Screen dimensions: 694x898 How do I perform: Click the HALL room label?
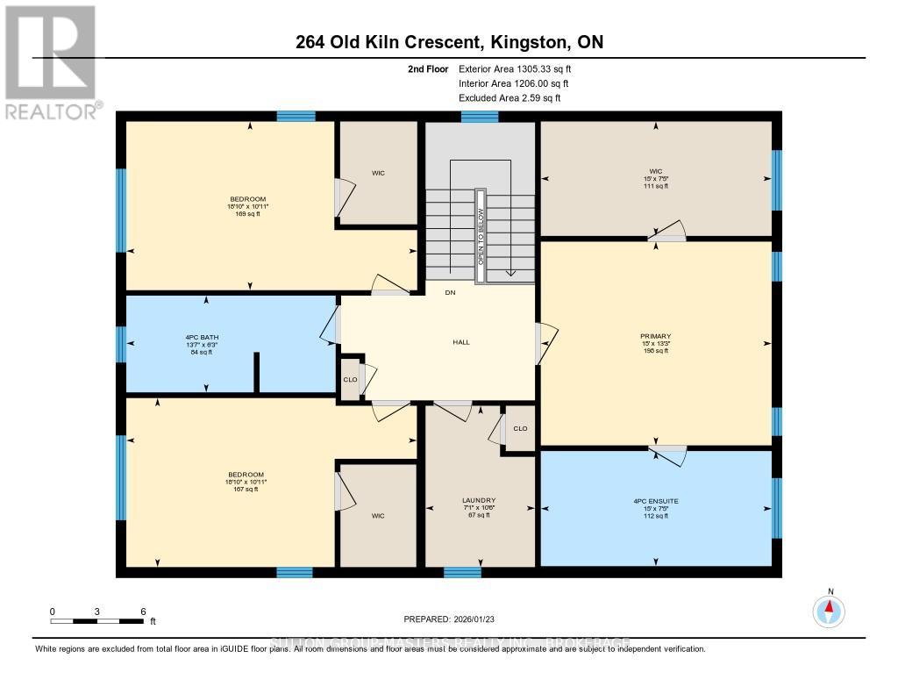tap(461, 342)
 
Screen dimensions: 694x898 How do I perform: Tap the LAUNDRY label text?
tap(479, 501)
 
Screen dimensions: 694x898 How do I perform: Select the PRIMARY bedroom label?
tap(655, 336)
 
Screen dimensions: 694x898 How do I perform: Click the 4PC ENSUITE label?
tap(655, 501)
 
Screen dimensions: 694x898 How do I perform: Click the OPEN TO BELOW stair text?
tap(480, 237)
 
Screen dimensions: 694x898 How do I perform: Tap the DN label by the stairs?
tap(450, 292)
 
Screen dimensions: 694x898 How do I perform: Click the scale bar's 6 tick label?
tap(142, 611)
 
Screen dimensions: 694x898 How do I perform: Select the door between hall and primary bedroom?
tap(544, 342)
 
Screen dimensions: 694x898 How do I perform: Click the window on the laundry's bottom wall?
tap(462, 573)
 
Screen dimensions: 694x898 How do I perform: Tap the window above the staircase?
tap(480, 117)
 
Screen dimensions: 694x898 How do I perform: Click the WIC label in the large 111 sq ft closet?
tap(655, 173)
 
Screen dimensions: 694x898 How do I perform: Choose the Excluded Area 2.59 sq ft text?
tap(510, 97)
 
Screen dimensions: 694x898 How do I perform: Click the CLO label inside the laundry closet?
tap(520, 429)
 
